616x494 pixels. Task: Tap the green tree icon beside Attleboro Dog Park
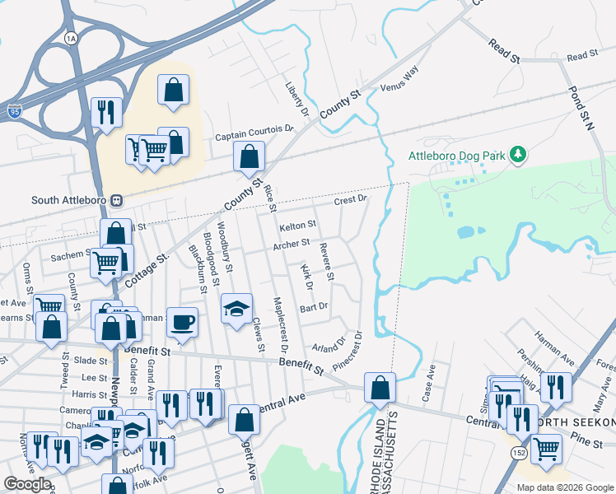[x=518, y=154]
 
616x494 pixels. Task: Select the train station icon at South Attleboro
[x=117, y=200]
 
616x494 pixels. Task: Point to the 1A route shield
[x=71, y=39]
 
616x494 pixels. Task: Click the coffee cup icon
[x=183, y=321]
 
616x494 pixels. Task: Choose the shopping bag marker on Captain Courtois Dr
[x=248, y=156]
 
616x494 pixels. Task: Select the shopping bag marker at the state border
[x=380, y=387]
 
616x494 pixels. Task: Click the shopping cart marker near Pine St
[x=546, y=449]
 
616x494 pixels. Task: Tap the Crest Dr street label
[x=350, y=200]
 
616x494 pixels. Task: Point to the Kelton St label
[x=297, y=225]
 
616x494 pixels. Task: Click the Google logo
[x=27, y=484]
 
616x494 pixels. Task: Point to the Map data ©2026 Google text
[x=565, y=487]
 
